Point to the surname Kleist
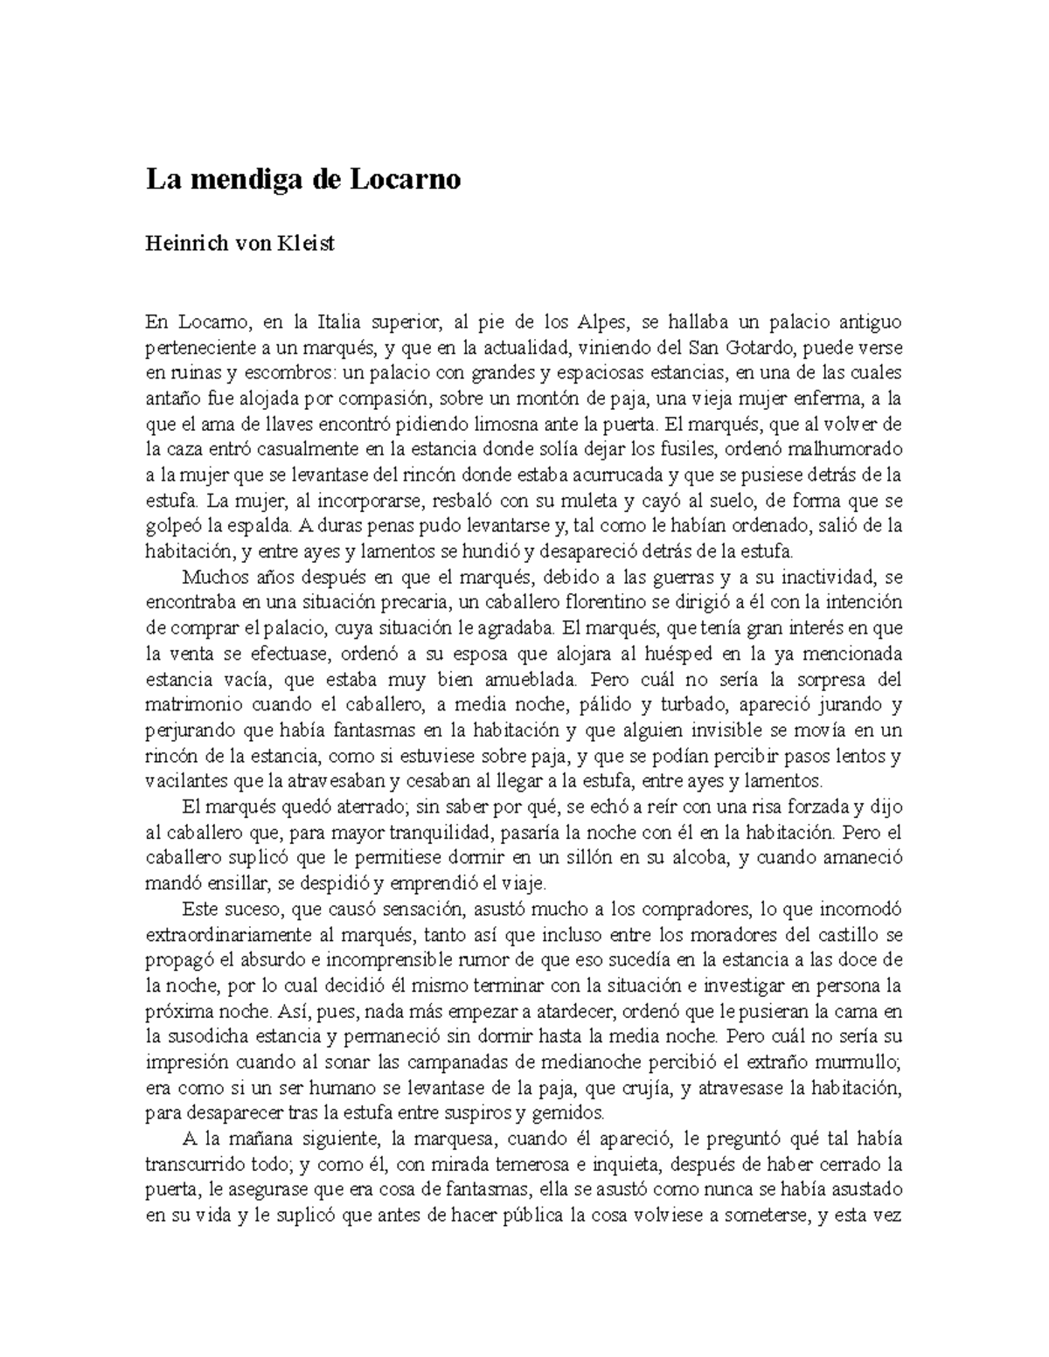point(305,245)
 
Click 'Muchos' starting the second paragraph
point(211,577)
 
